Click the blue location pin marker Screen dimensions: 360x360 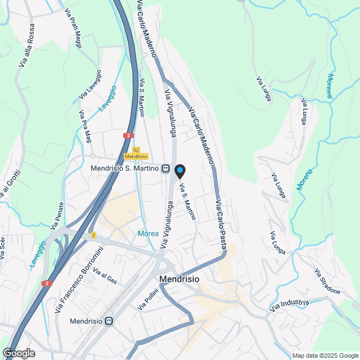179,171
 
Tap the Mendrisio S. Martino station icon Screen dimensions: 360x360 165,168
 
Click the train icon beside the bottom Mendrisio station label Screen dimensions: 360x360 109,321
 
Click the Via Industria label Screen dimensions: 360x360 289,306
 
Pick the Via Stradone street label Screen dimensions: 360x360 327,281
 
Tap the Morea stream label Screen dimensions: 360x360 147,233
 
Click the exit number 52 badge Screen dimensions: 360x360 136,149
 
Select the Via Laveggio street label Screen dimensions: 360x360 91,84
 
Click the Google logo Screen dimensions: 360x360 19,353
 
